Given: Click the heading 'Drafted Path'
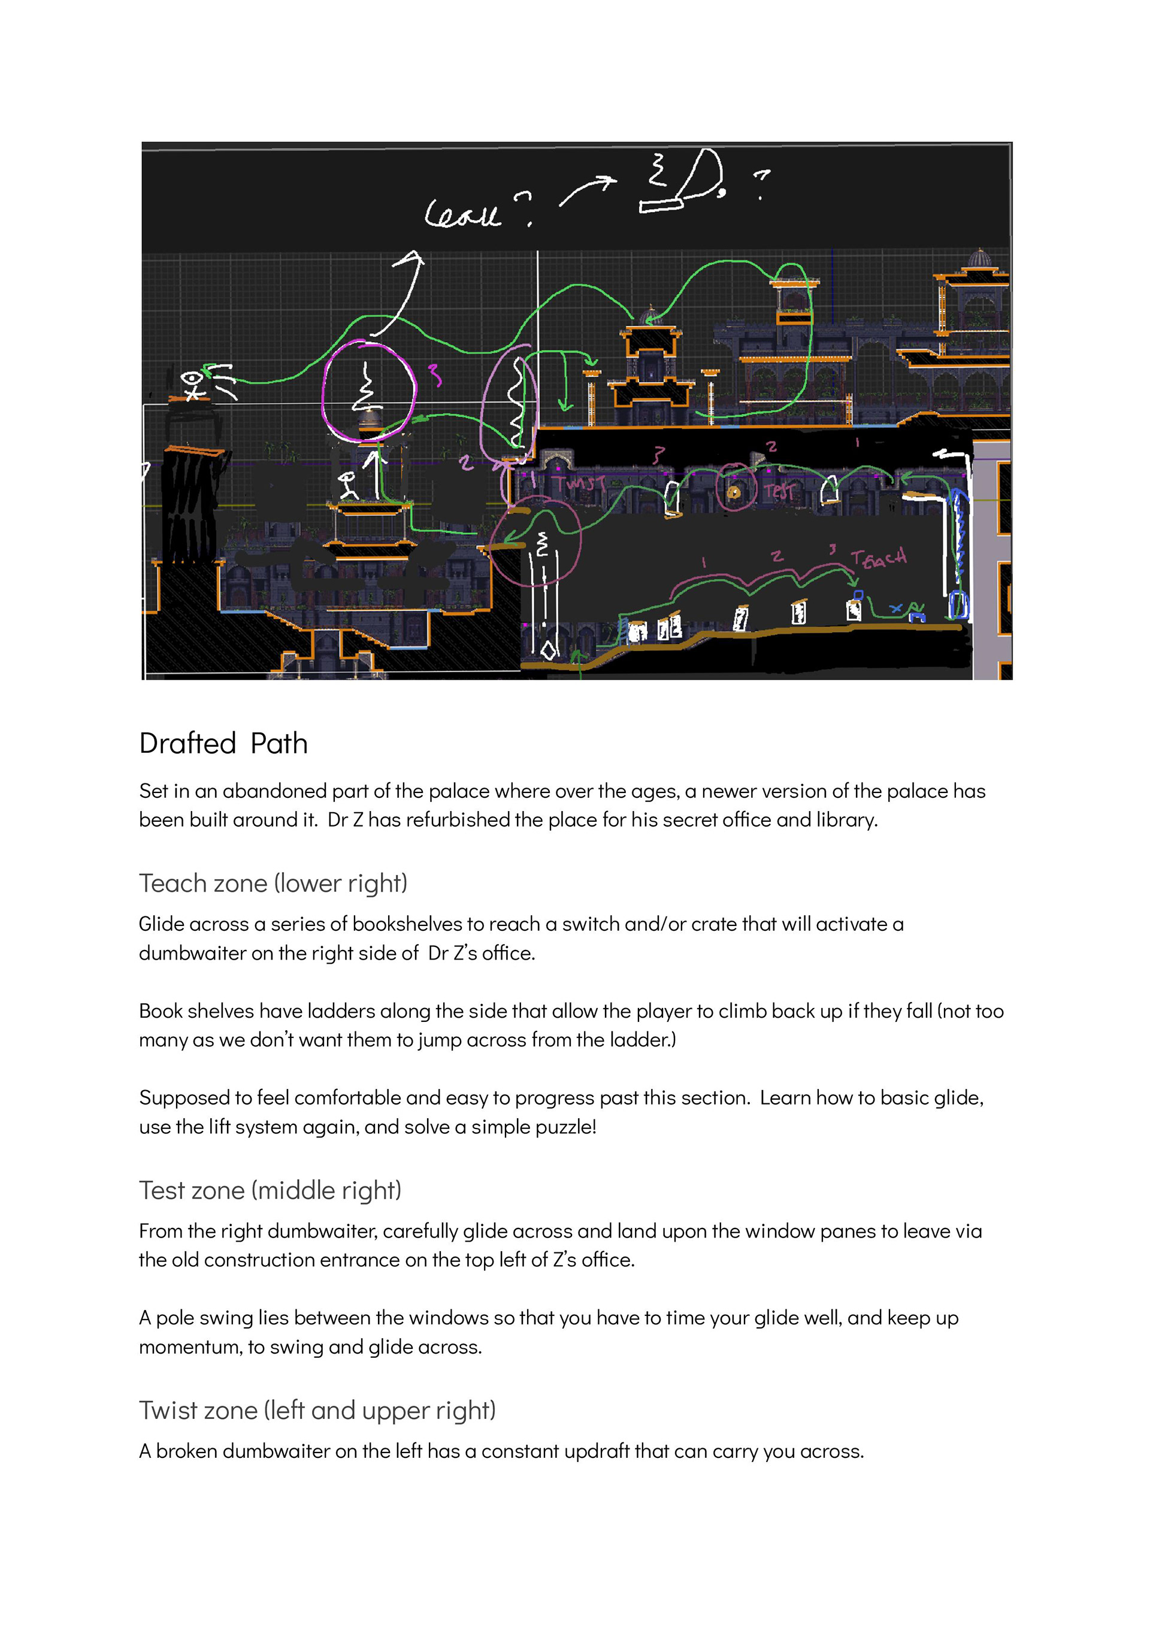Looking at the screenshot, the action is click(x=223, y=744).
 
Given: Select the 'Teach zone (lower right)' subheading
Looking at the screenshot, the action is click(x=273, y=883).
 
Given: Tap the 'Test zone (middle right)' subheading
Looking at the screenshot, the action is click(x=270, y=1190).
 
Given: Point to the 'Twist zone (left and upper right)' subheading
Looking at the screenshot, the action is click(x=316, y=1410).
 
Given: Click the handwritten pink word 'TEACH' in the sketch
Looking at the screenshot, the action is click(x=879, y=559).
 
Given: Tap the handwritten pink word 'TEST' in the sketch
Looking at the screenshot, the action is click(x=779, y=491).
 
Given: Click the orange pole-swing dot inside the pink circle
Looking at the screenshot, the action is click(x=734, y=491).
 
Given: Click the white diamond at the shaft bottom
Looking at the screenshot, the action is click(x=548, y=649).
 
